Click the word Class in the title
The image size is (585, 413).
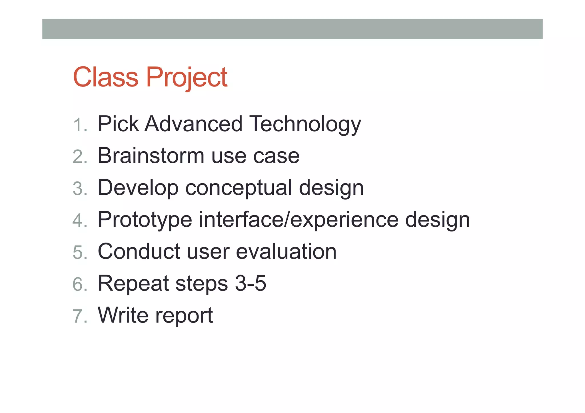pyautogui.click(x=105, y=77)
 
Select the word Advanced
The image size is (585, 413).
pyautogui.click(x=193, y=124)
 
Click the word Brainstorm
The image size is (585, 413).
pyautogui.click(x=151, y=156)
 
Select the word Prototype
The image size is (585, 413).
pyautogui.click(x=145, y=219)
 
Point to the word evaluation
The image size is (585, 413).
pyautogui.click(x=286, y=251)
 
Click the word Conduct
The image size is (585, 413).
pyautogui.click(x=139, y=251)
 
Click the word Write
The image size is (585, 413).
pyautogui.click(x=123, y=315)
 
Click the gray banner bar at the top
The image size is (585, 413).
pyautogui.click(x=292, y=29)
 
